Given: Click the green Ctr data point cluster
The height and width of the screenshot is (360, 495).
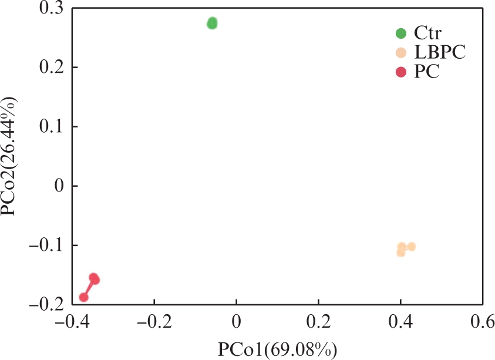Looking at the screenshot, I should click(212, 23).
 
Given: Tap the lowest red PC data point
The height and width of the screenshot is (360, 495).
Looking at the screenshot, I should click(84, 297).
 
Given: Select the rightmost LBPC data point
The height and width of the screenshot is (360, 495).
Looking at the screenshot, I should click(411, 247).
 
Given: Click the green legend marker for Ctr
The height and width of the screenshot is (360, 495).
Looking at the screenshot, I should click(401, 33).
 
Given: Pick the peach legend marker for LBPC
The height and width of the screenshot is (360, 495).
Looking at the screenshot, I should click(401, 53).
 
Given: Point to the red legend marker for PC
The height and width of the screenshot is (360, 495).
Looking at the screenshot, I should click(401, 72).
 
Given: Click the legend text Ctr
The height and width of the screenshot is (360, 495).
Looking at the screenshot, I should click(427, 33).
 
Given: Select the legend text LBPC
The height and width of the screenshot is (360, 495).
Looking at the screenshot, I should click(439, 53).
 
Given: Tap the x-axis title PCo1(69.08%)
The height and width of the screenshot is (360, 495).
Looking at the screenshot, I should click(278, 349).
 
